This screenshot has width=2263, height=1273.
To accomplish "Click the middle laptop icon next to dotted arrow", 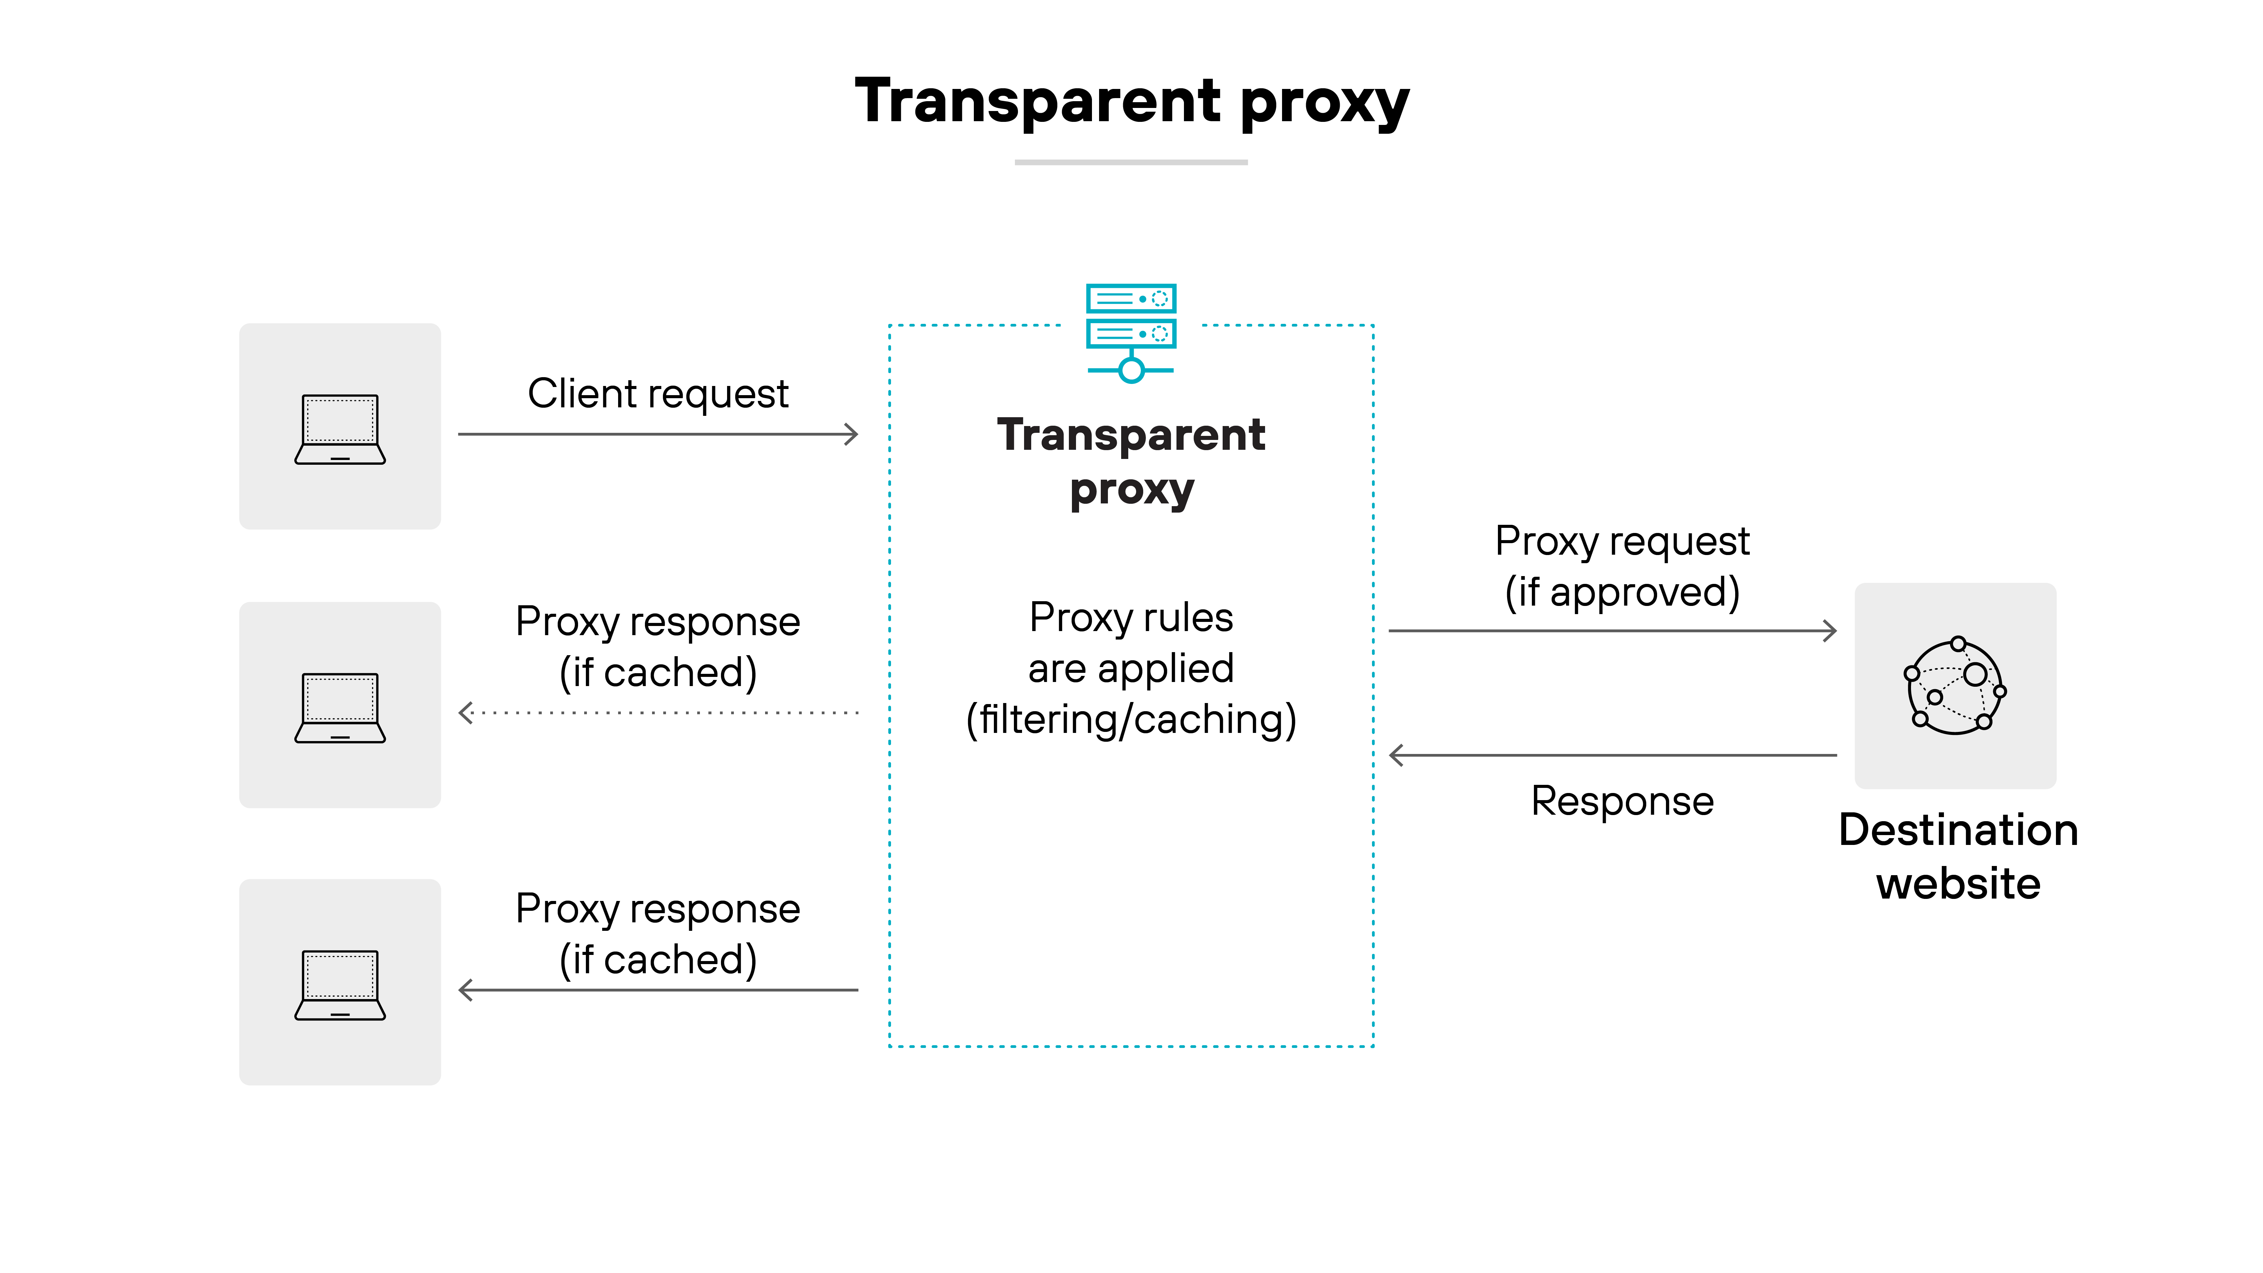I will point(340,707).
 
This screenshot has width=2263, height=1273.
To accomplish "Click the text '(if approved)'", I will point(1622,592).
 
